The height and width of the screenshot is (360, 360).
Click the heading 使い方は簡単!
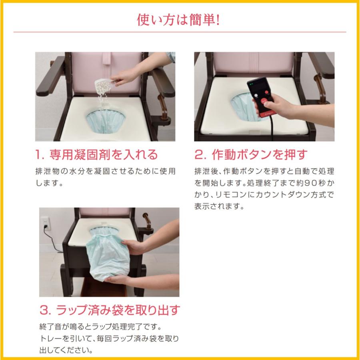[x=179, y=19]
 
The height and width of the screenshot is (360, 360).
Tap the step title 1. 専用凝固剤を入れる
[x=96, y=154]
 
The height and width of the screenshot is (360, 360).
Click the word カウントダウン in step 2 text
[x=284, y=196]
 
